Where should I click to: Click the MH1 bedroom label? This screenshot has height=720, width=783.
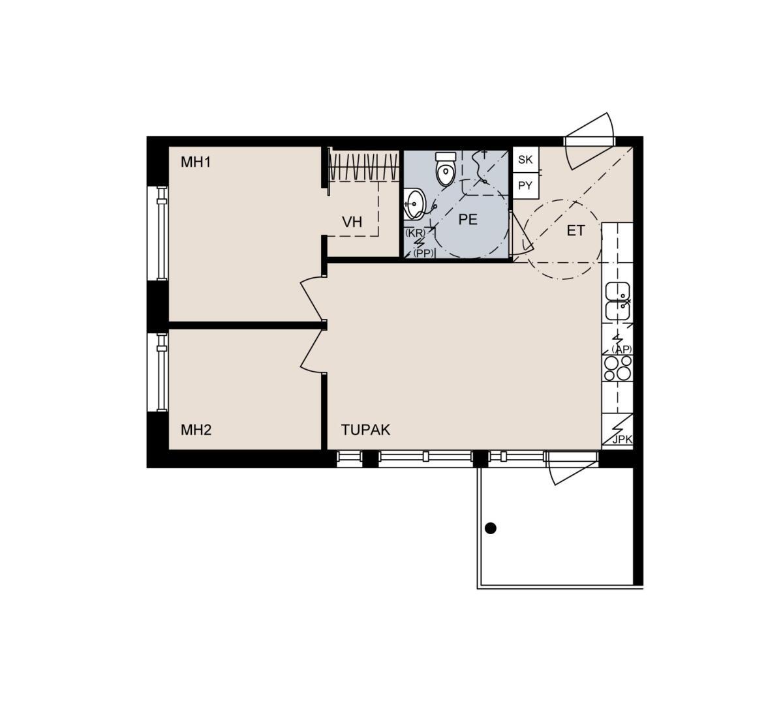(196, 162)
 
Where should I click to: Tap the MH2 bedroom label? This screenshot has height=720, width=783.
(196, 430)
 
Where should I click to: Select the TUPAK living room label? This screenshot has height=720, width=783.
(365, 430)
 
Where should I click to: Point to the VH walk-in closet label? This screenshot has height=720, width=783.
(352, 222)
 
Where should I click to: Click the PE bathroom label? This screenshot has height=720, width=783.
(468, 219)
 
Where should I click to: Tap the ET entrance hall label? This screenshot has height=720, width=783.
(576, 231)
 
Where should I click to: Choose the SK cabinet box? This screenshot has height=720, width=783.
(525, 159)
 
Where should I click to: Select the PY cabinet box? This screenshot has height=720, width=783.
(525, 185)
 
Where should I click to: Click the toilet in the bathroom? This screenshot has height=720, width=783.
(446, 168)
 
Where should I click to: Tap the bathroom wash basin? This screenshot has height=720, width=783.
(414, 203)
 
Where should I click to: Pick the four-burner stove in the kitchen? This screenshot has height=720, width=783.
(617, 368)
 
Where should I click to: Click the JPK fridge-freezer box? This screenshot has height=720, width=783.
(617, 429)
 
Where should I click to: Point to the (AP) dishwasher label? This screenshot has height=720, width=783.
(622, 350)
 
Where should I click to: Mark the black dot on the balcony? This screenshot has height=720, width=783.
(490, 528)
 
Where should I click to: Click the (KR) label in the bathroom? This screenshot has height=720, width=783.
(415, 233)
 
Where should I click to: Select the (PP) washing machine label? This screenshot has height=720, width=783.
(423, 253)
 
